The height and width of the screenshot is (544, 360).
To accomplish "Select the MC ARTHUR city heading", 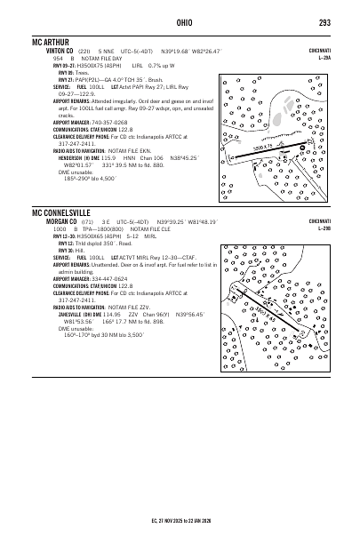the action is (x=53, y=42).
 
